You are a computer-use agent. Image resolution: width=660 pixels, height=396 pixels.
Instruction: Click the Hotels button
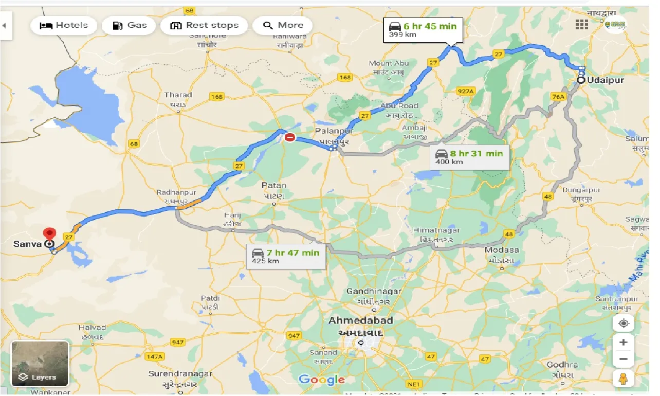(64, 25)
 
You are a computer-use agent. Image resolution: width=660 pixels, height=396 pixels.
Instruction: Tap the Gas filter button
(129, 25)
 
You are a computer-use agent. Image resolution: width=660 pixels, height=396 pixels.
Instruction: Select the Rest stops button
(204, 25)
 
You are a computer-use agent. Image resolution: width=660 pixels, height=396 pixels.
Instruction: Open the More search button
(283, 25)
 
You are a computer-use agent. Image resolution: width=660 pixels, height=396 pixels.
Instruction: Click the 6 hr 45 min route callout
(423, 30)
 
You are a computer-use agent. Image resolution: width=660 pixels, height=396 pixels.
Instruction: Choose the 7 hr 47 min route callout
(286, 256)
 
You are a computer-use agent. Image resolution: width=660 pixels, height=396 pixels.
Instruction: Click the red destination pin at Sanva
(50, 234)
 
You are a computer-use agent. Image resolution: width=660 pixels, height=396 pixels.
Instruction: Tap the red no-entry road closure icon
(290, 137)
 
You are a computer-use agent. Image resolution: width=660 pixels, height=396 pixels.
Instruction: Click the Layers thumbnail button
(40, 364)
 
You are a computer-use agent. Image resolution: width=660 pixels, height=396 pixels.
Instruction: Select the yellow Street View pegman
(624, 379)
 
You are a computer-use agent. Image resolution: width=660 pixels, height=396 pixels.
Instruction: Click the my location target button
(624, 323)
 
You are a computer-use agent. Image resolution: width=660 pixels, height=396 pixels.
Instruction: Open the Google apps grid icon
(581, 25)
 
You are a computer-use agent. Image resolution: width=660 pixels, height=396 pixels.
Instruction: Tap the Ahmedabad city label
(361, 320)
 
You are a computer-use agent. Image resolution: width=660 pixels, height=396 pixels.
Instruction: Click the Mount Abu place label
(389, 63)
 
